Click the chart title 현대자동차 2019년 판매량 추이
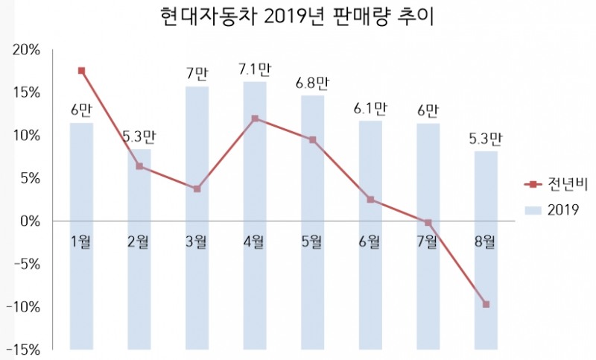[297, 16]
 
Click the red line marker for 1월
[81, 71]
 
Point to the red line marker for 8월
[486, 304]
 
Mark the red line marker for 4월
[255, 119]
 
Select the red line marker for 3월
[197, 189]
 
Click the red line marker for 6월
[370, 200]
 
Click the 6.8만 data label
[312, 83]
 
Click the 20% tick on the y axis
[28, 50]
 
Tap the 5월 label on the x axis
[312, 241]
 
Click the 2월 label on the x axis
[139, 241]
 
